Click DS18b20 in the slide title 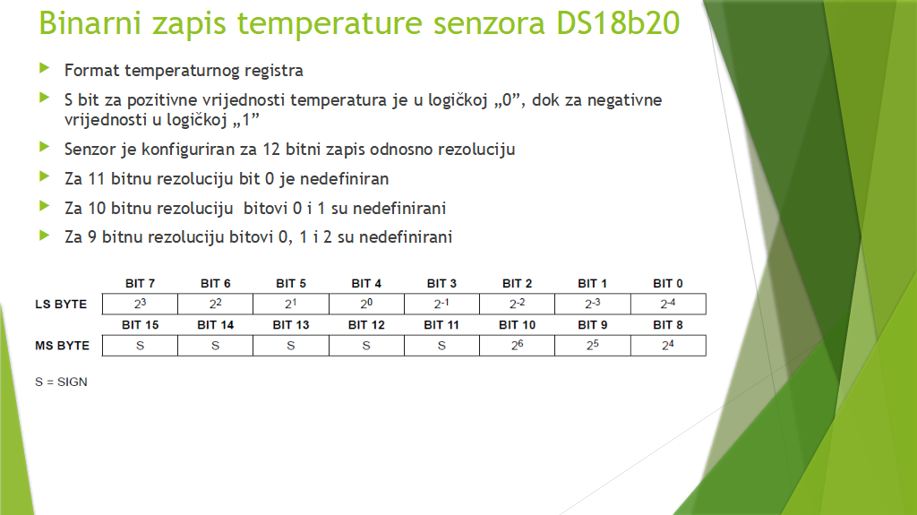coord(618,22)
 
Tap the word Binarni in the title coord(90,22)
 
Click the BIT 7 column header coord(140,283)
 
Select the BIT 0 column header coord(668,283)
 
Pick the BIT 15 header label coord(140,325)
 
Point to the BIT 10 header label coord(517,325)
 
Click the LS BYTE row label coord(61,305)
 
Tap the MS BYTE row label coord(62,346)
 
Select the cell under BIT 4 coord(366,304)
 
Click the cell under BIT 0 coord(668,304)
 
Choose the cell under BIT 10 coord(517,346)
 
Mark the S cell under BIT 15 coord(140,346)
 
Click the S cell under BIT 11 coord(441,346)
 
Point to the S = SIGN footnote coord(61,382)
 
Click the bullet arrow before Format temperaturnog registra coord(45,68)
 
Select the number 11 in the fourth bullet coord(97,178)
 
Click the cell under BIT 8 coord(668,346)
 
